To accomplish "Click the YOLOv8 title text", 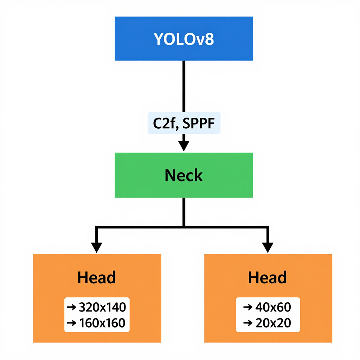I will tap(184, 39).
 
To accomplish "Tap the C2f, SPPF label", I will tap(184, 124).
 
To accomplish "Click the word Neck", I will tap(184, 175).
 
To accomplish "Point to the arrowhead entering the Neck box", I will tap(184, 146).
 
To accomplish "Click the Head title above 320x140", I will tap(97, 278).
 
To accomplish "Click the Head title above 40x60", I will tap(268, 278).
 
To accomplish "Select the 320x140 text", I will tap(102, 307).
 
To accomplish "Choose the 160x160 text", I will tap(102, 323).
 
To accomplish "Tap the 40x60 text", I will tap(273, 307).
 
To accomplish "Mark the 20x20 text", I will tap(273, 323).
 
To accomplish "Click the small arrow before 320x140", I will tap(72, 307).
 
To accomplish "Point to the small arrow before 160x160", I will tap(72, 323).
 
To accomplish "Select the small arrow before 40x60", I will tap(248, 307).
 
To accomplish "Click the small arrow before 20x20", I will tap(248, 323).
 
